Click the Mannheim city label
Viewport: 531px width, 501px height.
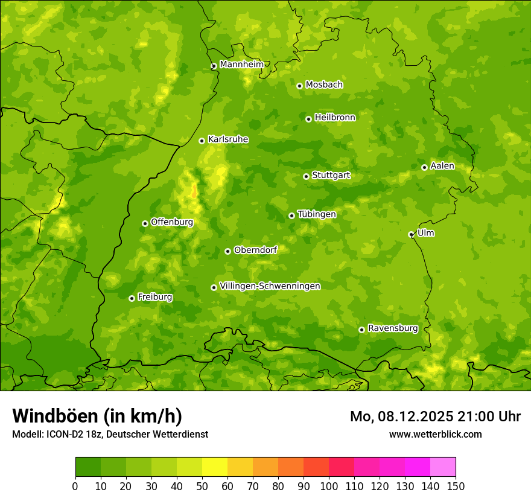tap(241, 65)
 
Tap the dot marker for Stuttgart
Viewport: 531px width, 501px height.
tap(306, 176)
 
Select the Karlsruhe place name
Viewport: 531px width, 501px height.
tap(228, 139)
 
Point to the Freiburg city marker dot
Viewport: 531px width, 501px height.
tap(132, 298)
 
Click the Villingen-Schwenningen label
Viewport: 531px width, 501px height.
tap(270, 286)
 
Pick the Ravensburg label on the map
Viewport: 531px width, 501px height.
tap(393, 328)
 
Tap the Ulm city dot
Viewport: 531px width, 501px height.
tap(411, 234)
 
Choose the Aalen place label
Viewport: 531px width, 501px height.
tap(442, 166)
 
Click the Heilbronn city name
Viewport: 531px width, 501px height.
tap(335, 118)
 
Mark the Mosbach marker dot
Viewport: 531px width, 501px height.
tap(299, 86)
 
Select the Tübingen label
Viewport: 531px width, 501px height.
tap(317, 214)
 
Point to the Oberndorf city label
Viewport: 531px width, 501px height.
tap(255, 250)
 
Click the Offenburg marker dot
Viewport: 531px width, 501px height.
tap(145, 223)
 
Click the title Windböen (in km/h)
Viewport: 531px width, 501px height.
tap(97, 416)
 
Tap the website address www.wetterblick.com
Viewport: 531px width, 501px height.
tap(435, 434)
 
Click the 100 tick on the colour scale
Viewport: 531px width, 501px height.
tap(329, 486)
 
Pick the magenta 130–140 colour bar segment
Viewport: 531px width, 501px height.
tap(418, 467)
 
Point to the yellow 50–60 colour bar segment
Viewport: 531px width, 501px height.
tap(215, 467)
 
